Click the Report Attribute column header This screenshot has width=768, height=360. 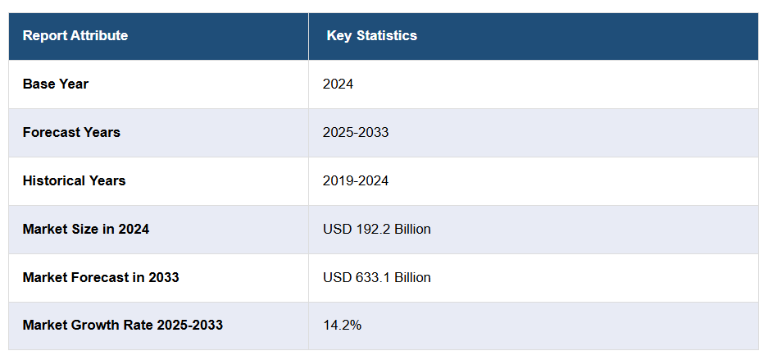(x=75, y=36)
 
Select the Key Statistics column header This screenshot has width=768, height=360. (x=371, y=36)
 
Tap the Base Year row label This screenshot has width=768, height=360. (x=56, y=84)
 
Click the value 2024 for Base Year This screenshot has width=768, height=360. (x=338, y=84)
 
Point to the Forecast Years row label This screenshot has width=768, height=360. (x=71, y=132)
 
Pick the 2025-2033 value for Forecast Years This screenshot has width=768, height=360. (x=356, y=132)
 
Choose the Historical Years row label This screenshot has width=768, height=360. (x=74, y=180)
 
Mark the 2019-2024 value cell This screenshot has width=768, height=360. (x=356, y=180)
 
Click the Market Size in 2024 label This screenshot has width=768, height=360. (x=86, y=229)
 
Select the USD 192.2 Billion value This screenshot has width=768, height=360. (x=376, y=229)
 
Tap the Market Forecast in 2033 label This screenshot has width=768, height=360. (x=101, y=277)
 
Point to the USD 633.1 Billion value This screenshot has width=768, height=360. (x=376, y=277)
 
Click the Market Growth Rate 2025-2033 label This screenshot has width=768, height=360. (x=123, y=326)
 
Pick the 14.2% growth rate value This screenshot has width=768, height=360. (x=342, y=326)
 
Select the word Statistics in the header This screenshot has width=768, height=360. (x=386, y=36)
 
